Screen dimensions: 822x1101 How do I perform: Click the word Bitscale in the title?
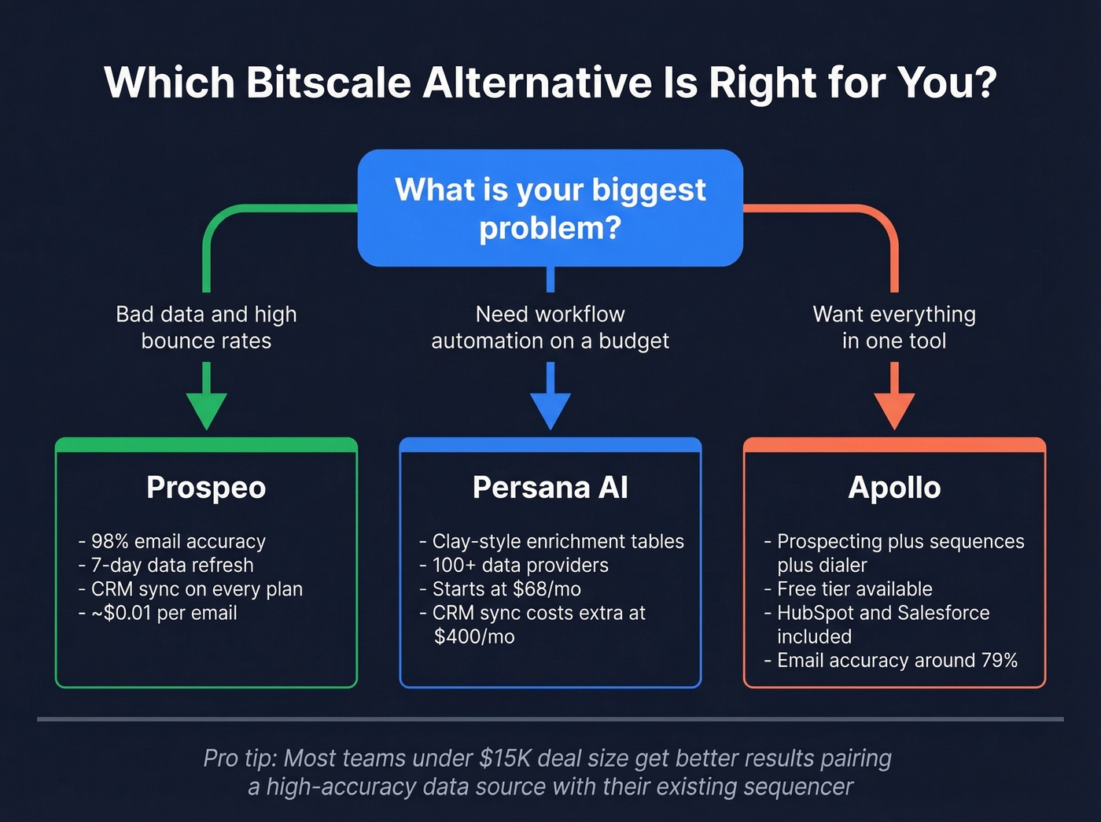pos(328,83)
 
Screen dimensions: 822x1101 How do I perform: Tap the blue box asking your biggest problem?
pos(550,208)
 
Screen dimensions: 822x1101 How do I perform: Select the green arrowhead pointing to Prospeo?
pos(206,409)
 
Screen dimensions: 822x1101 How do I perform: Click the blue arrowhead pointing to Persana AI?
pos(550,409)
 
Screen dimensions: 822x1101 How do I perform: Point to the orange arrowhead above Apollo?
pos(894,409)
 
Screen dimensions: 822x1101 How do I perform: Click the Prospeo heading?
pos(206,488)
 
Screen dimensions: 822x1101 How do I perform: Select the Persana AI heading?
pos(550,488)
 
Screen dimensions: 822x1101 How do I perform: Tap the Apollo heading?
pos(894,488)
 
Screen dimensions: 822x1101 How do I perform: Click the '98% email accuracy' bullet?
pos(178,541)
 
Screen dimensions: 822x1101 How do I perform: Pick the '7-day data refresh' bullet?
pos(171,565)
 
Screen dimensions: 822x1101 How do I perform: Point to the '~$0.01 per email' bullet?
pos(164,613)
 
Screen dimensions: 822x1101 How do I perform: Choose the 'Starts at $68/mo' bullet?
pos(506,589)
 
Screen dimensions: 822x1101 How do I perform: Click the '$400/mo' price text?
pos(474,636)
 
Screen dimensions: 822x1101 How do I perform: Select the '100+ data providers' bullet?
pos(520,565)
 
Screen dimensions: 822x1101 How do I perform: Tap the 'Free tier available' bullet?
pos(854,589)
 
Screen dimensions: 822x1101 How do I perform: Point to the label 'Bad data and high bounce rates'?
pos(206,327)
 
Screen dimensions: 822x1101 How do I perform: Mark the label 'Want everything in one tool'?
pos(894,327)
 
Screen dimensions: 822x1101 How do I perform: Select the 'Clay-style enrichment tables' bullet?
pos(558,541)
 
